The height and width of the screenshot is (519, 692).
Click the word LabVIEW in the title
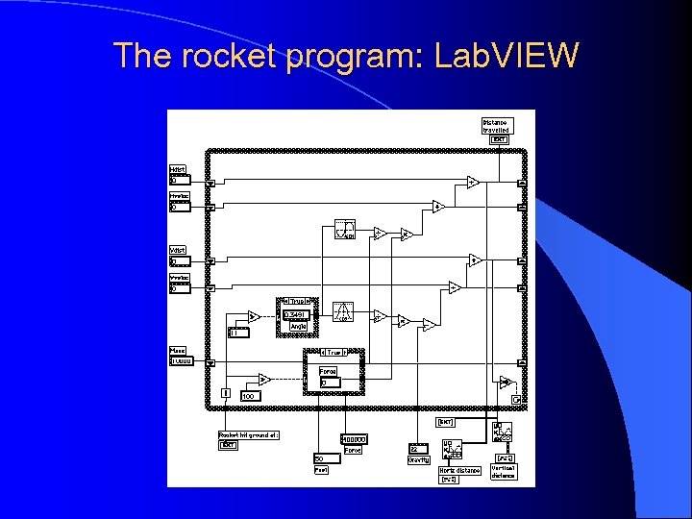click(507, 56)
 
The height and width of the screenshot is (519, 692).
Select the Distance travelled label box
click(496, 126)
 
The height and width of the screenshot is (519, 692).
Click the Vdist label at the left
click(179, 251)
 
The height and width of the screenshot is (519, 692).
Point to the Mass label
click(178, 351)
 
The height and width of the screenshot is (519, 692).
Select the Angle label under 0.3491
click(298, 326)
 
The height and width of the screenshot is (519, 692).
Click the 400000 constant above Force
click(353, 439)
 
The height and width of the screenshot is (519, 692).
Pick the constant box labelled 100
click(249, 396)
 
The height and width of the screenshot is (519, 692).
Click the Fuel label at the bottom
click(321, 470)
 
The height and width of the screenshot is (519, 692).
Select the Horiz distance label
click(459, 470)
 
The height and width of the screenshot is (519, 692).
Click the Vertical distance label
click(504, 471)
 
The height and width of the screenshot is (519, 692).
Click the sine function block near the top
click(344, 230)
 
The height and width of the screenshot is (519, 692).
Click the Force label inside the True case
click(328, 371)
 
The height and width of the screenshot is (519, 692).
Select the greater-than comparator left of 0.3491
click(253, 316)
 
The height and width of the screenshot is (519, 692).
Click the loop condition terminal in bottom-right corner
click(516, 399)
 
